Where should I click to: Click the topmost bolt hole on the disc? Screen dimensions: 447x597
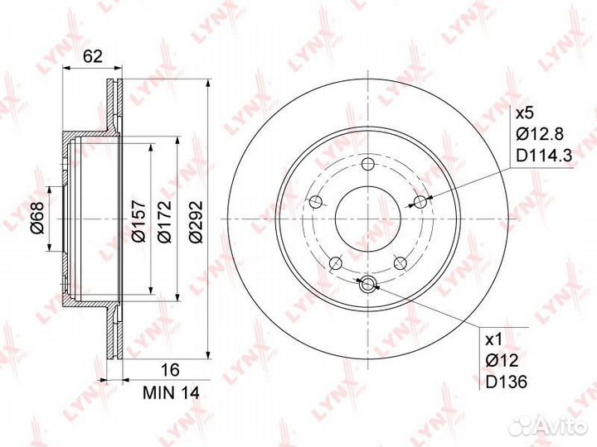(368, 164)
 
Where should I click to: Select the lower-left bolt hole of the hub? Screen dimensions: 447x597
(335, 263)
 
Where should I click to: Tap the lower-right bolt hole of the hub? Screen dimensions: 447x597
(400, 263)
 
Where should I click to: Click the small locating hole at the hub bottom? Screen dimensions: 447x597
(368, 286)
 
